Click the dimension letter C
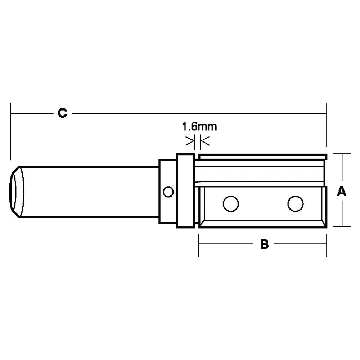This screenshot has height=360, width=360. pos(62,113)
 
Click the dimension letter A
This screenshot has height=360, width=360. pos(341,192)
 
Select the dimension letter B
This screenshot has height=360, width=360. pos(264,244)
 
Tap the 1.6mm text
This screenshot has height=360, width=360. pos(199,127)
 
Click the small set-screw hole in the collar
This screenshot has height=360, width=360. pos(167,192)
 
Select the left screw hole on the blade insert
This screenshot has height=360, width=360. pos(230,204)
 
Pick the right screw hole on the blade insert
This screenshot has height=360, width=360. pos(295,204)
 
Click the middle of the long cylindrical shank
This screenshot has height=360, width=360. pos(90,192)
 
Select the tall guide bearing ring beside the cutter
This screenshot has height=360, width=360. pos(185,191)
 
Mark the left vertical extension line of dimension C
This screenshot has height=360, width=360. pos(11,131)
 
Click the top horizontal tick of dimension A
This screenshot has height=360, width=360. pos(341,153)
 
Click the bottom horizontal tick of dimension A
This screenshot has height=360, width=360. pos(341,226)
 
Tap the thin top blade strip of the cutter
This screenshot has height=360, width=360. pos(263,157)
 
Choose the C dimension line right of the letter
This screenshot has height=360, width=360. pos(198,113)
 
